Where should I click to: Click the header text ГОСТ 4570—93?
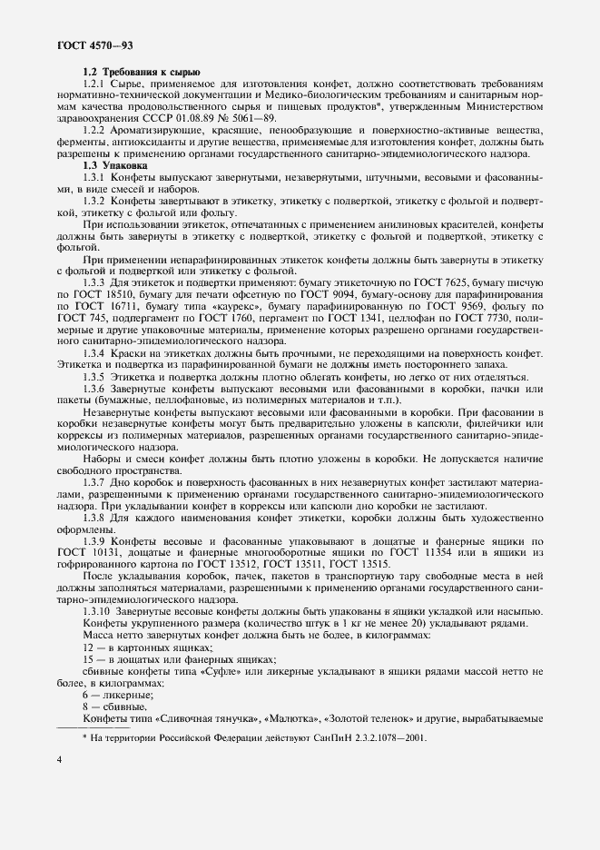[x=95, y=44]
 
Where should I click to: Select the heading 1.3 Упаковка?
[x=120, y=166]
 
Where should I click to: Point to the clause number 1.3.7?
[x=96, y=481]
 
